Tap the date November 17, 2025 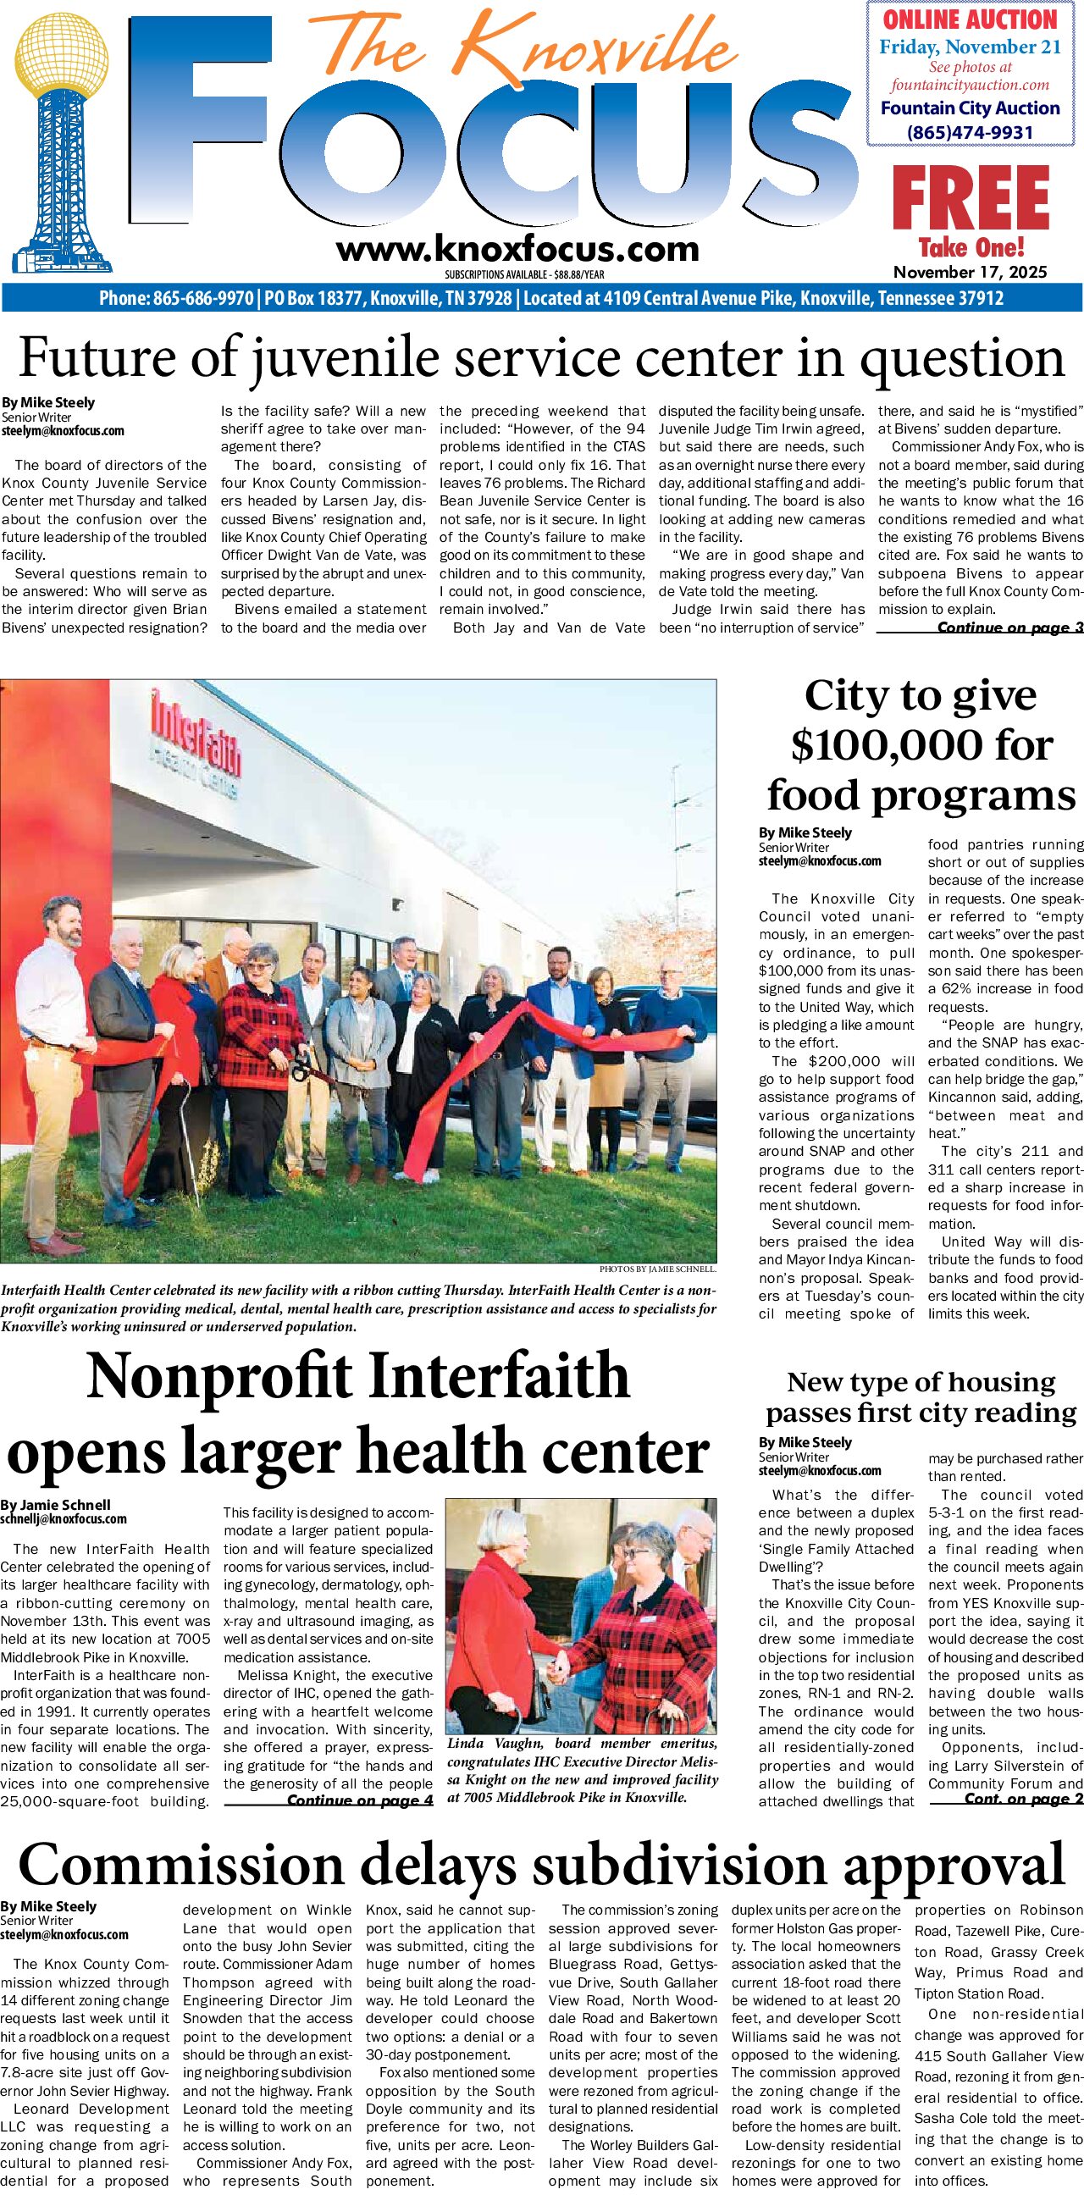[970, 273]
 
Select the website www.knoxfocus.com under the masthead [517, 249]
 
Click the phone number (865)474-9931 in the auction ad [970, 132]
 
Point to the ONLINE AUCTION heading [970, 19]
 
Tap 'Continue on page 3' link [1009, 628]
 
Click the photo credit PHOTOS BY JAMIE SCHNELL [657, 1269]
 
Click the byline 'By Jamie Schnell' [55, 1505]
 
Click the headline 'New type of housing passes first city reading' [921, 1397]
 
